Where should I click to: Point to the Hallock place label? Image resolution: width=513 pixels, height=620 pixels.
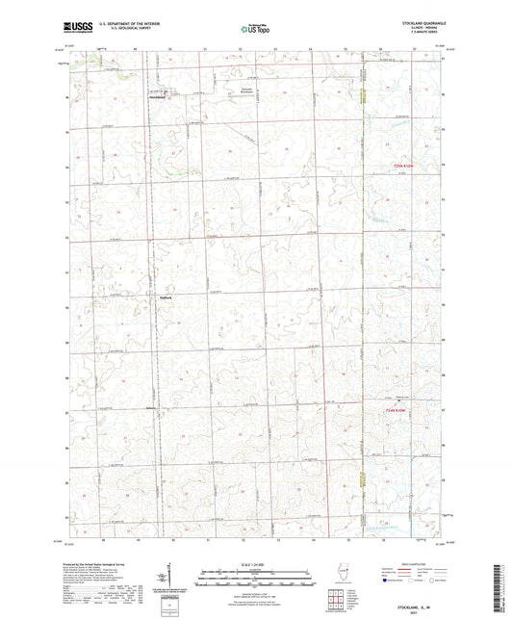coord(165,297)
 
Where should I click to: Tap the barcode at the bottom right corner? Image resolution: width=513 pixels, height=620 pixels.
coord(501,589)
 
